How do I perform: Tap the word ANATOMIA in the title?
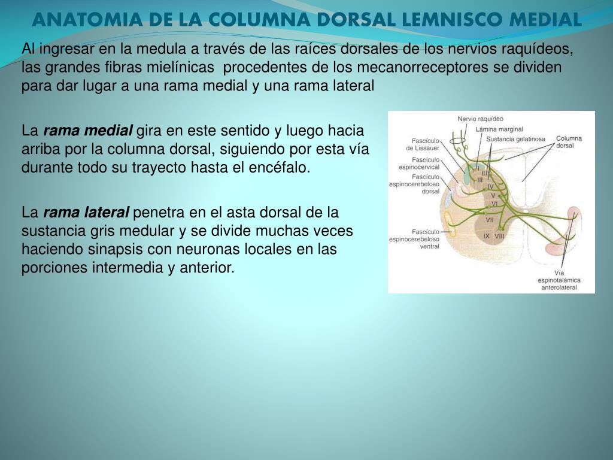74,19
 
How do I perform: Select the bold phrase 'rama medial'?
89,131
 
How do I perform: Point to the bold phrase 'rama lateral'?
87,212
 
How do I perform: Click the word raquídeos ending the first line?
542,49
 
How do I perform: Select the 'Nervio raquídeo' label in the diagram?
480,119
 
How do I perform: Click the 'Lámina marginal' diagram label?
499,129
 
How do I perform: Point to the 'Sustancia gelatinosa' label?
515,139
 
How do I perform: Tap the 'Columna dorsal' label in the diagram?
569,142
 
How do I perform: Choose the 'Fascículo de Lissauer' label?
423,144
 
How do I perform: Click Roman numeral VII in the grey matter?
489,220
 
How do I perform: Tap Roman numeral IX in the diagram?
487,236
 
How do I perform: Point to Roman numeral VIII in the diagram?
499,236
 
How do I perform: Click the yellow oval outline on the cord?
459,144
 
